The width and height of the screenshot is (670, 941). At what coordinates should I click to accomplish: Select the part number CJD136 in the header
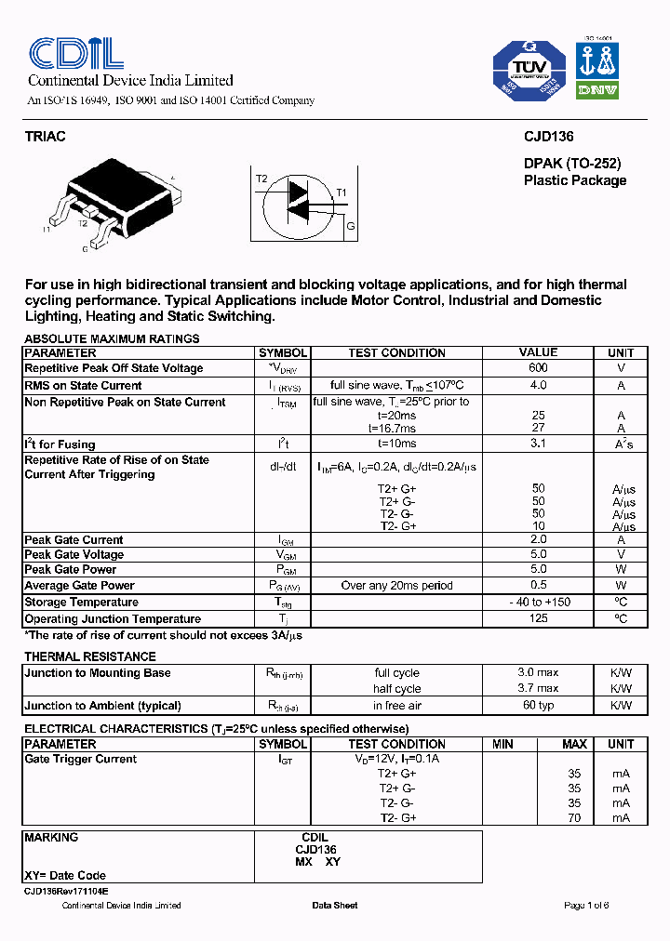(x=549, y=137)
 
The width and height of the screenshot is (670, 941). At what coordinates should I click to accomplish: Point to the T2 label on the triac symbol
(x=261, y=179)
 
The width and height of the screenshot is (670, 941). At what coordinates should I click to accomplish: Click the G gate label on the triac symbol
(x=350, y=226)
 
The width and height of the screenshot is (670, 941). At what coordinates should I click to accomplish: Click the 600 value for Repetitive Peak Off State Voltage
(x=538, y=368)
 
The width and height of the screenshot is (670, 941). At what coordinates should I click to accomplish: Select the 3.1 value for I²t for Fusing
(x=538, y=444)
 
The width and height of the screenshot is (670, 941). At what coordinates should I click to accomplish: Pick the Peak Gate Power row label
(x=71, y=570)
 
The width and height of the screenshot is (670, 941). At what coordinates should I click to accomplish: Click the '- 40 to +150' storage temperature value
(x=538, y=603)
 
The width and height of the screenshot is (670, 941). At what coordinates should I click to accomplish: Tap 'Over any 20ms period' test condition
(x=397, y=586)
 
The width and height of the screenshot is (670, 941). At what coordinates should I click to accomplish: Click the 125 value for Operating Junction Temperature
(x=538, y=619)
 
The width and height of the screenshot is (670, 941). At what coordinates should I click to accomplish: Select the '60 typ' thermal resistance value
(x=538, y=706)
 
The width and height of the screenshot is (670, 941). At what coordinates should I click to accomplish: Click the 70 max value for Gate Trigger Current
(x=574, y=818)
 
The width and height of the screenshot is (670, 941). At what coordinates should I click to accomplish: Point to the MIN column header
(x=503, y=745)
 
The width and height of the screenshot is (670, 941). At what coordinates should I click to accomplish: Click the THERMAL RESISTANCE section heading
(x=82, y=657)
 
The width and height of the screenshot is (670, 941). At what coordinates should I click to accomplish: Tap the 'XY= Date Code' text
(x=65, y=876)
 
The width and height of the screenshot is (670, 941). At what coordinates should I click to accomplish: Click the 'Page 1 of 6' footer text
(x=586, y=906)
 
